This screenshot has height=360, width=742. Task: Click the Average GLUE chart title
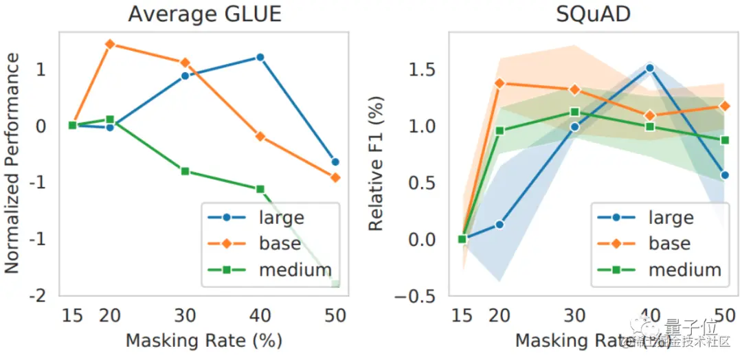[204, 14]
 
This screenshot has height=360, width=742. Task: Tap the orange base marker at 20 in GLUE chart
[109, 44]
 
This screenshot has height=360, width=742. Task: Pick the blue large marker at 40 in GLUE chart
[260, 57]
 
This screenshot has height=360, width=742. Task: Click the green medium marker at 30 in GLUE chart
[185, 170]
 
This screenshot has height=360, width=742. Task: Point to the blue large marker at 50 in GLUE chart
[335, 162]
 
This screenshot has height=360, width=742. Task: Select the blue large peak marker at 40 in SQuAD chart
[649, 68]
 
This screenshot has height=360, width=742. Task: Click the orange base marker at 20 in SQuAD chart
[499, 83]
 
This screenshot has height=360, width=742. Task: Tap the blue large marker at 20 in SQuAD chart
[499, 225]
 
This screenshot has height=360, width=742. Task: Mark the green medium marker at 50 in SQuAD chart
[724, 140]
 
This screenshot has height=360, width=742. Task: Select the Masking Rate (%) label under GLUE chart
[204, 340]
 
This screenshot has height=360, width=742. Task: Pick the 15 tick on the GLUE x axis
[72, 316]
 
